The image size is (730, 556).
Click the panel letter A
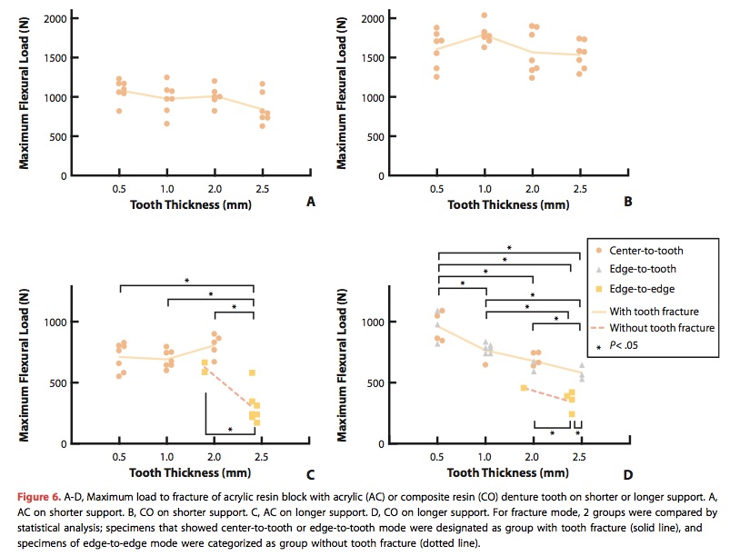click(311, 203)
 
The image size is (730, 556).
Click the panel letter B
click(627, 203)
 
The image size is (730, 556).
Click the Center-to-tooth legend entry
click(647, 251)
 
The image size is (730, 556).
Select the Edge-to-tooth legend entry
click(644, 270)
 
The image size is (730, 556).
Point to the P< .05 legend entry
click(628, 347)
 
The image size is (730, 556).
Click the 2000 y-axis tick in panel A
click(55, 19)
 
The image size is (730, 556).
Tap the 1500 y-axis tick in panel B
click(371, 58)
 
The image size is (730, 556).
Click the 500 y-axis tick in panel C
click(58, 383)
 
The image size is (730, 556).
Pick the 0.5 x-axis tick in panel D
click(437, 456)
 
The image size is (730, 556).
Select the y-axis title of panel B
click(344, 91)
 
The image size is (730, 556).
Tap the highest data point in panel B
click(484, 15)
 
